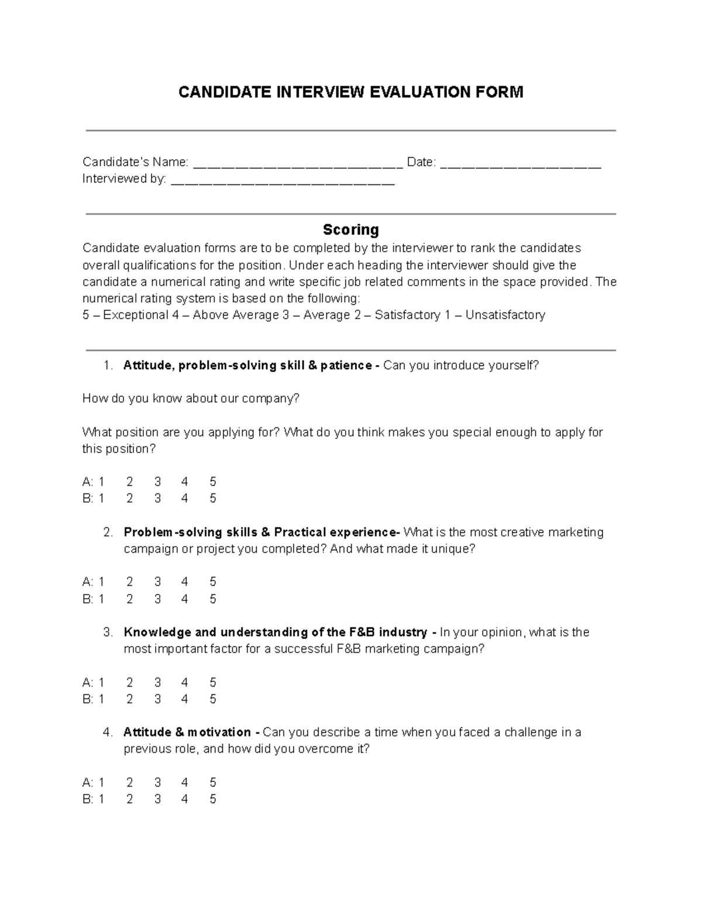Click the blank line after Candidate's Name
pos(298,164)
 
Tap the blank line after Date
pos(520,164)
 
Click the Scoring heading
pos(351,229)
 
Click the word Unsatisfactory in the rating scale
pos(505,315)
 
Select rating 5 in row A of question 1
pos(213,482)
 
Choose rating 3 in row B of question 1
pos(157,498)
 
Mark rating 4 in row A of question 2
pos(185,582)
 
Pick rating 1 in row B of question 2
pos(101,599)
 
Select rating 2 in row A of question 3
pos(129,682)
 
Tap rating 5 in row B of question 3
pos(213,699)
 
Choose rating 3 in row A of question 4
pos(157,783)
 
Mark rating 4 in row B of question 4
pos(185,799)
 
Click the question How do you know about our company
pos(191,399)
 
